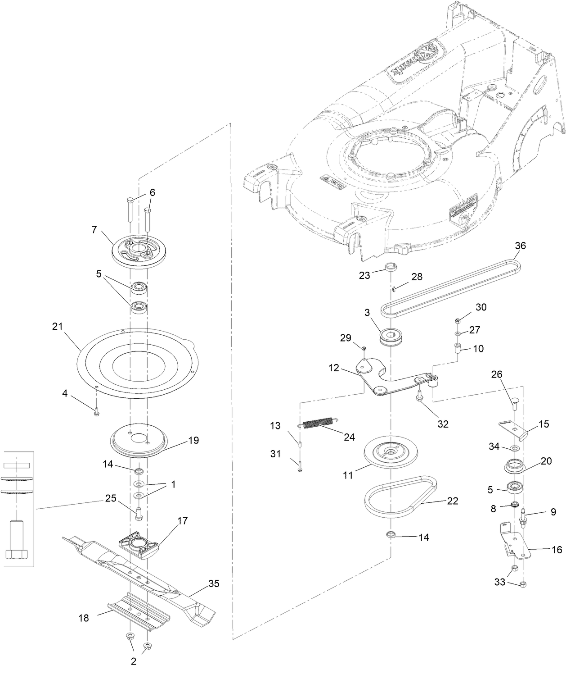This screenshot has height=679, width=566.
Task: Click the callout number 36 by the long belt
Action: (x=520, y=246)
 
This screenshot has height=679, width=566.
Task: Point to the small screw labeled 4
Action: (x=96, y=411)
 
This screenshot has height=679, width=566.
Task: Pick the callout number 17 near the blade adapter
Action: (x=183, y=521)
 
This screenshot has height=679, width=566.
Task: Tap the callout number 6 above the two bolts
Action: (x=152, y=192)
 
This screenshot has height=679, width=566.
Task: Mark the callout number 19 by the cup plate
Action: (x=193, y=440)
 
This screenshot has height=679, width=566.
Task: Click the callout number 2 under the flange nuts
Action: (x=133, y=662)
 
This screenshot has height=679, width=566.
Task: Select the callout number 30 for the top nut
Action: (x=481, y=307)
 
